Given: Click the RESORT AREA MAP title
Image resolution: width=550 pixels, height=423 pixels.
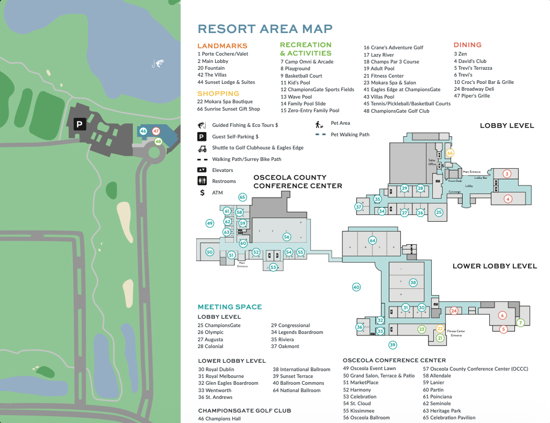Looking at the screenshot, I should point(265,29).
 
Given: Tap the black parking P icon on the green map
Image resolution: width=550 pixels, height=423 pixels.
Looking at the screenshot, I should point(80,124).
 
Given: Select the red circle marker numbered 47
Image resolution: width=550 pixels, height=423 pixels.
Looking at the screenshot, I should point(156,131).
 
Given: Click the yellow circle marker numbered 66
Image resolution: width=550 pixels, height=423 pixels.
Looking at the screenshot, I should point(450,153).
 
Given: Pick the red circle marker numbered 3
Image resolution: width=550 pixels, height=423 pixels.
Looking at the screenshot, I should point(507,173).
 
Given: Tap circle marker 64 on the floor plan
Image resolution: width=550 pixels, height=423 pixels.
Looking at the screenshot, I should point(373,241).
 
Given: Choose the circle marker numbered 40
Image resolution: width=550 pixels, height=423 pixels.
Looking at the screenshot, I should point(356,287).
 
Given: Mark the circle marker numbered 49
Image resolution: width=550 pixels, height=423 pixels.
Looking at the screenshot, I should point(210,223).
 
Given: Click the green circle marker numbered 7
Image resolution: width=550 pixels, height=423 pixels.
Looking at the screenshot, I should point(520,323).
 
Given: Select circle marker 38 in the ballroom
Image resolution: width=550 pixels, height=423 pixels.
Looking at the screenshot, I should point(413,283).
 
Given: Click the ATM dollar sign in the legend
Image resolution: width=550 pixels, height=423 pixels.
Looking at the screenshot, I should point(202,192).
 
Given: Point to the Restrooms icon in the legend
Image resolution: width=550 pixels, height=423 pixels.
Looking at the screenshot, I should point(202,181).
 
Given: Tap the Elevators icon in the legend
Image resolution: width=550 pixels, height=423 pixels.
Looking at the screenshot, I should point(202,170).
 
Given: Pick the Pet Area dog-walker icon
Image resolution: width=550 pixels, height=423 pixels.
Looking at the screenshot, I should point(318,124).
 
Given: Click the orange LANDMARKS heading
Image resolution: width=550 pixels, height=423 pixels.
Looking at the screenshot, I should point(222,46).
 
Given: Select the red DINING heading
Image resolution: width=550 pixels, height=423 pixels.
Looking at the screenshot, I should point(467,45).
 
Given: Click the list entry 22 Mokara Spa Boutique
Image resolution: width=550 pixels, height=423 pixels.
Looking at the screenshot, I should point(225,102).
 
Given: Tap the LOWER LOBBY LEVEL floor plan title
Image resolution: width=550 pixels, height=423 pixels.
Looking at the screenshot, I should point(495,266).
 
